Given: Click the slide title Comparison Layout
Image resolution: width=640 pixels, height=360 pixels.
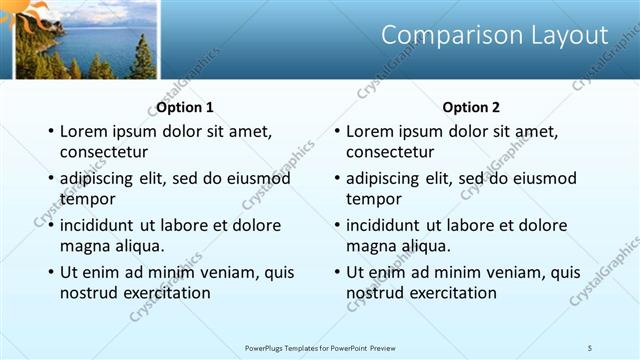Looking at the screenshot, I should [495, 35].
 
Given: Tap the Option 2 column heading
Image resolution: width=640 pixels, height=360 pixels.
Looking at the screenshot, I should [471, 107].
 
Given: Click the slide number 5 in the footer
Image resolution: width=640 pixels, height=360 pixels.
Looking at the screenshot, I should [589, 347].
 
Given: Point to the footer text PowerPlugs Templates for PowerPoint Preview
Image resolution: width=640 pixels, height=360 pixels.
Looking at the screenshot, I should [320, 347].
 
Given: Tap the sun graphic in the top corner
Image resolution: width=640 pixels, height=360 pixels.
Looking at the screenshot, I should [28, 12].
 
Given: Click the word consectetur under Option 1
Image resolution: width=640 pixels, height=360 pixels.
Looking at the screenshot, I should [104, 152].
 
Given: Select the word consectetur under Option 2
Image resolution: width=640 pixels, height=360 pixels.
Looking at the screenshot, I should [390, 152].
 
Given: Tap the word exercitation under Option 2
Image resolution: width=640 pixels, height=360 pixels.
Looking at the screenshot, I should [452, 293].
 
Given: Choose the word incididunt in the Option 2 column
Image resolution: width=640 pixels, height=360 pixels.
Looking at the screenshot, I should [391, 225].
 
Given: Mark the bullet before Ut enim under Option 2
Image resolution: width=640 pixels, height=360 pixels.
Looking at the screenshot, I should [336, 272].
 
